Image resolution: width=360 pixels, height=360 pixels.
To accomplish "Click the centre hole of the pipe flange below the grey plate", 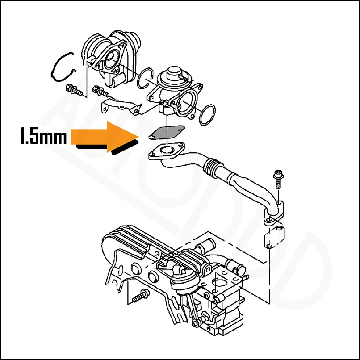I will (x=166, y=151).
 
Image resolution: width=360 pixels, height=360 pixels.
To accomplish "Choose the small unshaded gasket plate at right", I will (x=272, y=238).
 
